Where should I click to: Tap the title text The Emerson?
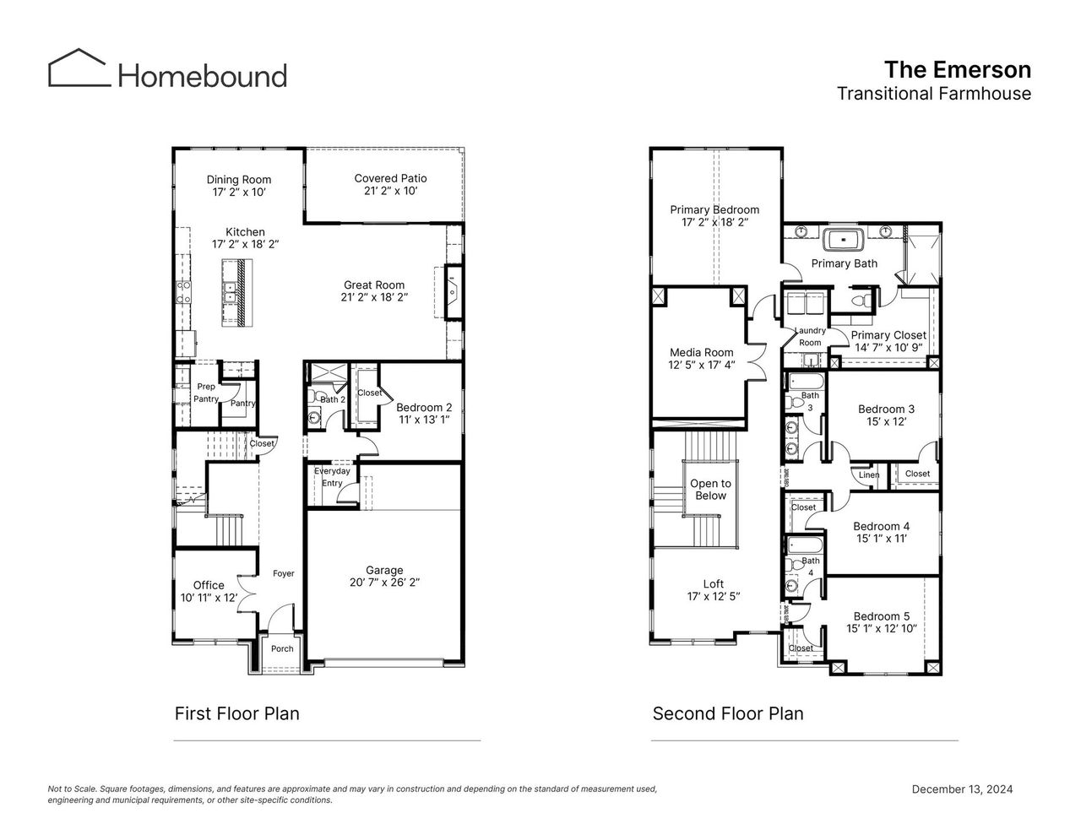(x=957, y=69)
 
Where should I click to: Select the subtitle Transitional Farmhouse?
(x=933, y=94)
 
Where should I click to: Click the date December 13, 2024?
(x=962, y=789)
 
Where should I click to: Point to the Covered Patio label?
(x=390, y=178)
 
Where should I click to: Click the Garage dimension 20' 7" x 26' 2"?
(x=384, y=583)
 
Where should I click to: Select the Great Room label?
(x=374, y=285)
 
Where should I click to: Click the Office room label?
(x=209, y=585)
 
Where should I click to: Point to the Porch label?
(x=282, y=648)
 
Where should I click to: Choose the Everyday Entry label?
(x=332, y=477)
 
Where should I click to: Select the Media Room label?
(x=702, y=352)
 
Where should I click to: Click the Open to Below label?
(x=710, y=490)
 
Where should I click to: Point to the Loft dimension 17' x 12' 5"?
(x=713, y=597)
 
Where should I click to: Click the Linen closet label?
(x=869, y=474)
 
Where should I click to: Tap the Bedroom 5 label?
(x=882, y=616)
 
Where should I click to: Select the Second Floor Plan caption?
(x=728, y=713)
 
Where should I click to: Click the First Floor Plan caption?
(x=236, y=713)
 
